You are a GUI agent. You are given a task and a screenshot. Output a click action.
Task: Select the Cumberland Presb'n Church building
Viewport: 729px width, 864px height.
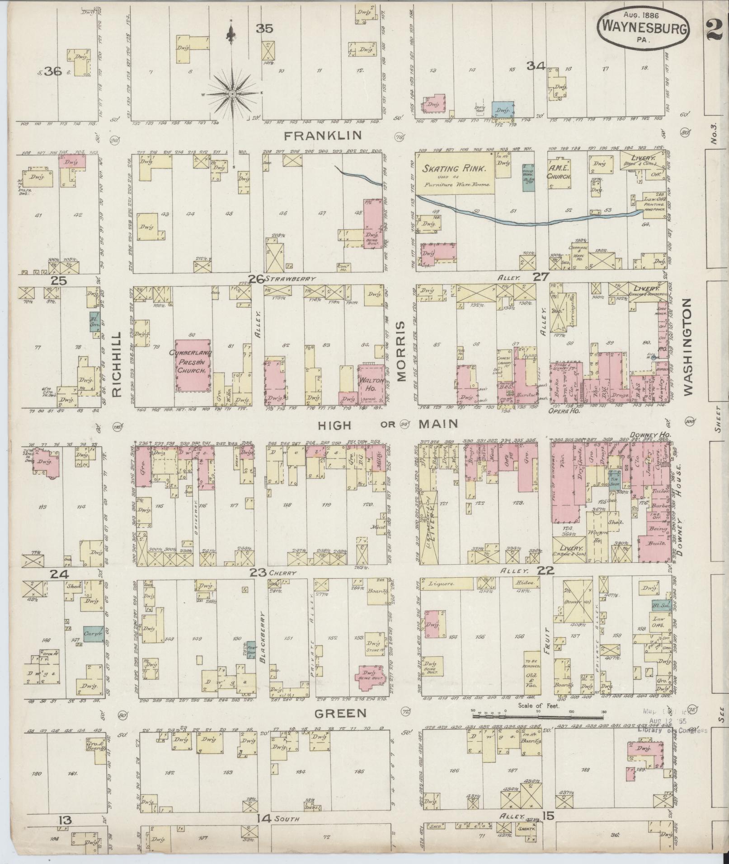(x=193, y=365)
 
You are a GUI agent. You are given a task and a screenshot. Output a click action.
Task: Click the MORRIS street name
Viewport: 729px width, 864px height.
(x=403, y=350)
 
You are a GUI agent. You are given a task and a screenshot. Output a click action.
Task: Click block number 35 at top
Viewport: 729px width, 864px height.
(x=264, y=29)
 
